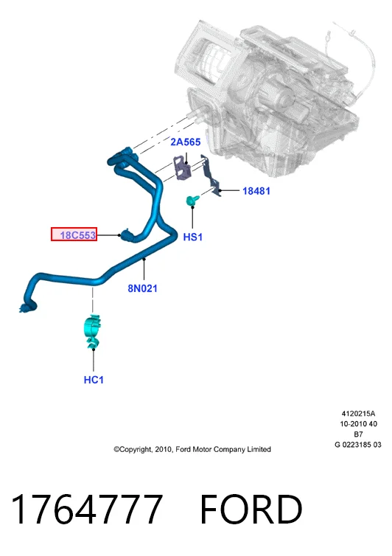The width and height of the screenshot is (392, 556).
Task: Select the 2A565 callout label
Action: [186, 142]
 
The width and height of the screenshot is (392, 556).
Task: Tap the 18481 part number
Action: [256, 191]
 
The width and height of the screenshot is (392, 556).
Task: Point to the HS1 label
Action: [193, 237]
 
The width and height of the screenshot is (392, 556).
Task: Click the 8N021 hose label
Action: [142, 288]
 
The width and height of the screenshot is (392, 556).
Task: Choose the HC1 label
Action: [94, 380]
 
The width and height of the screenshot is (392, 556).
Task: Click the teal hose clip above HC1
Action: [92, 331]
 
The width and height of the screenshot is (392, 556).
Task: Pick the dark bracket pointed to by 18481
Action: [212, 176]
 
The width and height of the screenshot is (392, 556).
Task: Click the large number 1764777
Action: [87, 510]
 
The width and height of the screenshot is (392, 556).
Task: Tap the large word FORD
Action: [251, 510]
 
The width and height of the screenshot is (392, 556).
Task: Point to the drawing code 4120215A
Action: [358, 414]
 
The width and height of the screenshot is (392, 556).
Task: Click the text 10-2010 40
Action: [358, 424]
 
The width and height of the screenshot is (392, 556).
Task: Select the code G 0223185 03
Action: [358, 445]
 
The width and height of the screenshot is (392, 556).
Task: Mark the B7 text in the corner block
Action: [358, 434]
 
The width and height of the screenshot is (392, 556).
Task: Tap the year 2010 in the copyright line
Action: [164, 449]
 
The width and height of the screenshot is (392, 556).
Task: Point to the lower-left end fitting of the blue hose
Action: [28, 307]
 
